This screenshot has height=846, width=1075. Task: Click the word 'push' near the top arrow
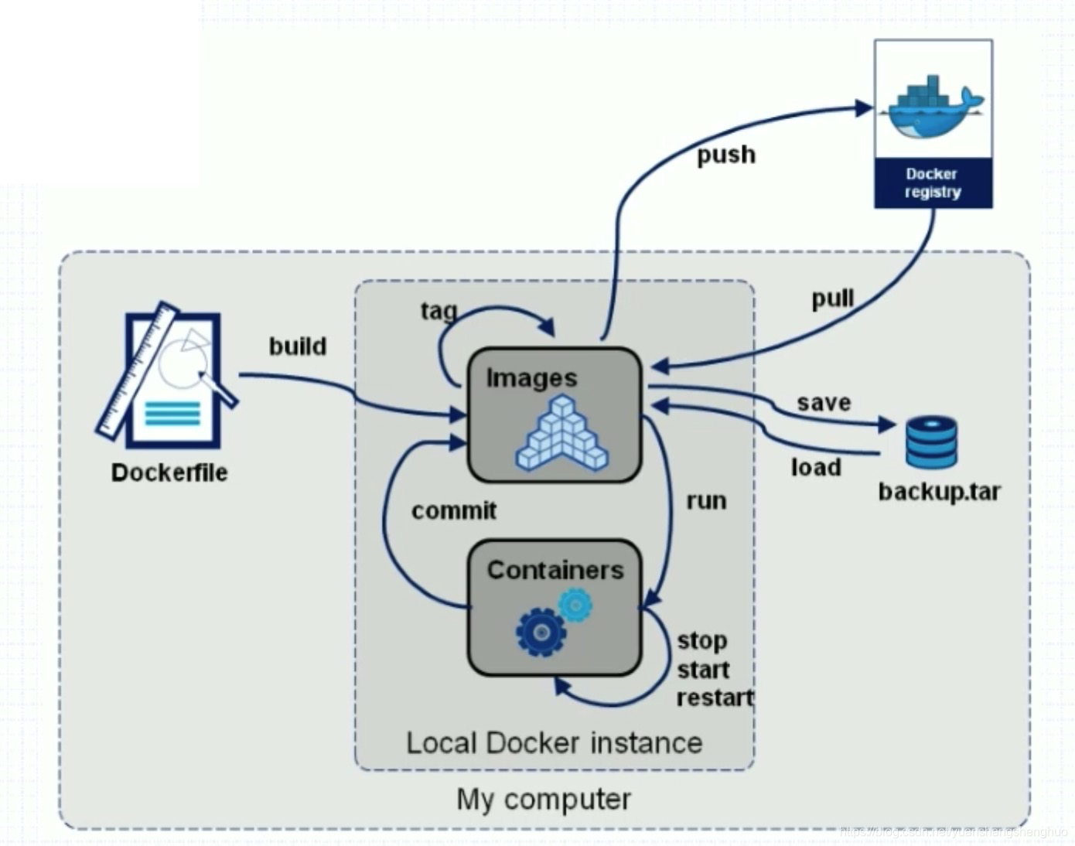[x=725, y=155]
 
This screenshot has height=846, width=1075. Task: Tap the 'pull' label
[x=832, y=298]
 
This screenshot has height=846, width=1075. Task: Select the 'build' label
[x=298, y=346]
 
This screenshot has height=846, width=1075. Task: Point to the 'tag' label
[x=439, y=311]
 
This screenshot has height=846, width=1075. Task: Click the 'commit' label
[x=454, y=510]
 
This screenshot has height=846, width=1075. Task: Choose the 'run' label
[x=706, y=500]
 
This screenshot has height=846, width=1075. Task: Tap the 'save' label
[x=824, y=402]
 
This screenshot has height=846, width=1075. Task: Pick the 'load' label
[x=816, y=467]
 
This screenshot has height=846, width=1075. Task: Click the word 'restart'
[x=715, y=698]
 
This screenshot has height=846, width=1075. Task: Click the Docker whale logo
[x=933, y=107]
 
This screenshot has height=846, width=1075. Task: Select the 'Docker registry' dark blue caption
[x=933, y=183]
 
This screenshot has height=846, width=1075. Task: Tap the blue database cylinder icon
[x=931, y=442]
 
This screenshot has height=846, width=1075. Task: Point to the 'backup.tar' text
[x=939, y=492]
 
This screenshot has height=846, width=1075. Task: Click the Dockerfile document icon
[x=169, y=377]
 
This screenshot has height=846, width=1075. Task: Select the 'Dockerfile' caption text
[x=169, y=472]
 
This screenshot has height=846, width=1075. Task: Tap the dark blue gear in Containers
[x=541, y=632]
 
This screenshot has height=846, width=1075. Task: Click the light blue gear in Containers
[x=575, y=605]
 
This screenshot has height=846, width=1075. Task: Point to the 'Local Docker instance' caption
[x=554, y=743]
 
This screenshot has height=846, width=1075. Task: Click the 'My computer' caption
[x=544, y=799]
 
